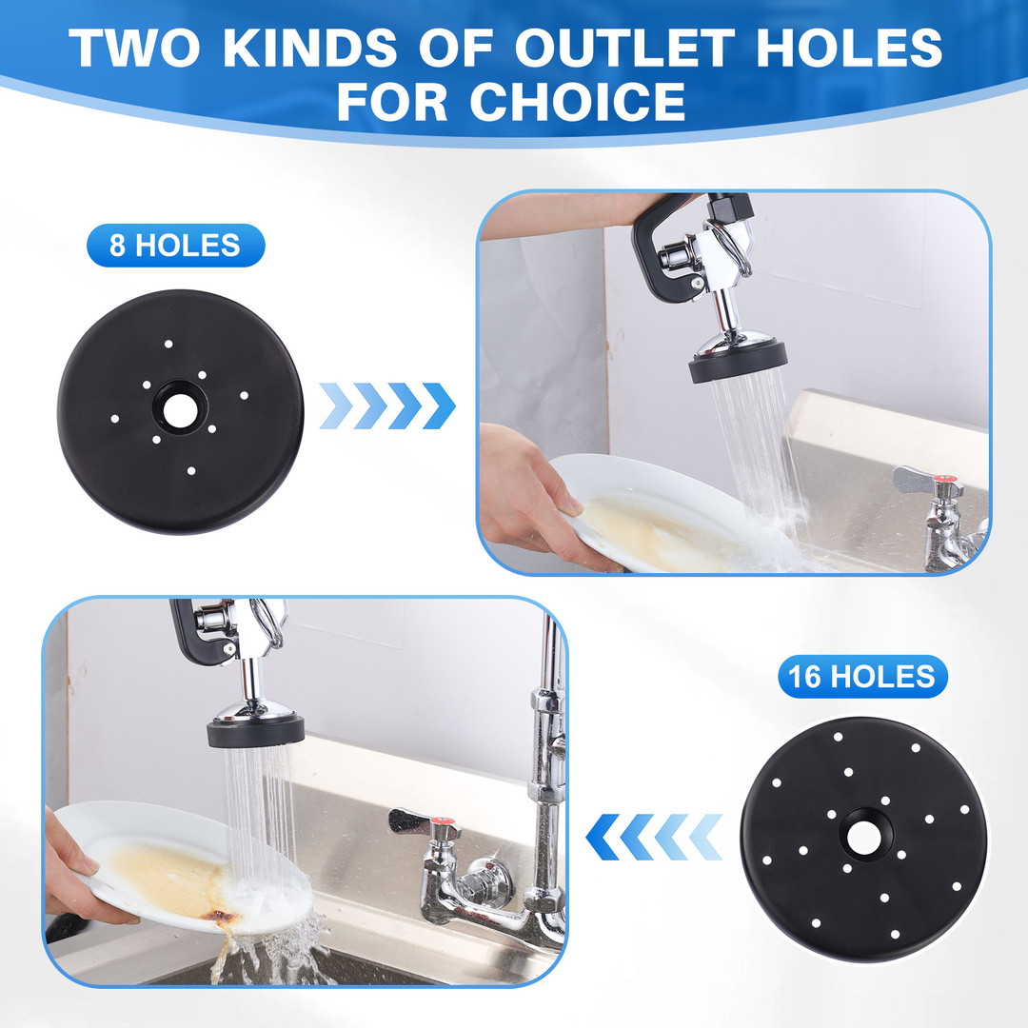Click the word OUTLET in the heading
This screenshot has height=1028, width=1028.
[x=624, y=48]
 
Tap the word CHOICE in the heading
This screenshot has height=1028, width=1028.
[x=578, y=102]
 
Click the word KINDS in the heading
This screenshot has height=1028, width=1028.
[x=310, y=48]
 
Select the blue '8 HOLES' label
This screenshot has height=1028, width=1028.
[x=176, y=246]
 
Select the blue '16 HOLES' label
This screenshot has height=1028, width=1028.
[x=862, y=677]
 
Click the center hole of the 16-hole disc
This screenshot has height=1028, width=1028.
[x=864, y=838]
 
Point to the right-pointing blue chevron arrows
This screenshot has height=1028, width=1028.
[x=387, y=405]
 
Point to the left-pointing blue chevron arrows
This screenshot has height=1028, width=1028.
[x=654, y=838]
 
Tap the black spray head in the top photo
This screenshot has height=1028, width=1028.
[x=738, y=363]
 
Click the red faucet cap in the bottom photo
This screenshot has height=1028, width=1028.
[x=445, y=820]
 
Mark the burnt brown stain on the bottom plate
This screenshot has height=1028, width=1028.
[x=221, y=916]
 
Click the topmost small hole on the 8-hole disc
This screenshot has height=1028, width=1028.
[x=168, y=344]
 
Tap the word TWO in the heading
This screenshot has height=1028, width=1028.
[x=134, y=48]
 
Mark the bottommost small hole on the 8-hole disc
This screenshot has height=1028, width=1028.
[x=191, y=471]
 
